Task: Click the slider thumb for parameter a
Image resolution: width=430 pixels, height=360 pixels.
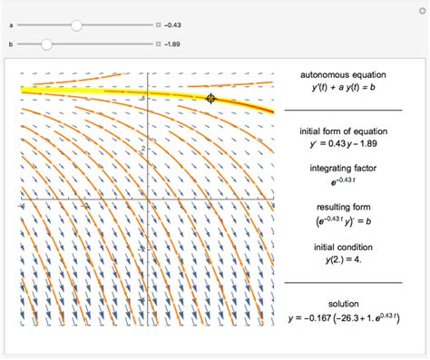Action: pos(77,25)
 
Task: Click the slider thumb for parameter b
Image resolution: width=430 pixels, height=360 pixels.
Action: pos(46,43)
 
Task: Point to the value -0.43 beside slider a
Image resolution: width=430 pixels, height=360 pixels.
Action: pos(172,25)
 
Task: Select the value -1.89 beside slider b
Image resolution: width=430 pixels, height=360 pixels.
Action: pos(172,43)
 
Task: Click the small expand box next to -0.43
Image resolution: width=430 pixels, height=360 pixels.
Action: pos(158,25)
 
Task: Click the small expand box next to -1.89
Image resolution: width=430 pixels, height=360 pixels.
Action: pos(158,43)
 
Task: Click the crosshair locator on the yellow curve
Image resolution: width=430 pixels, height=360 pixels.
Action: pos(210,98)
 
